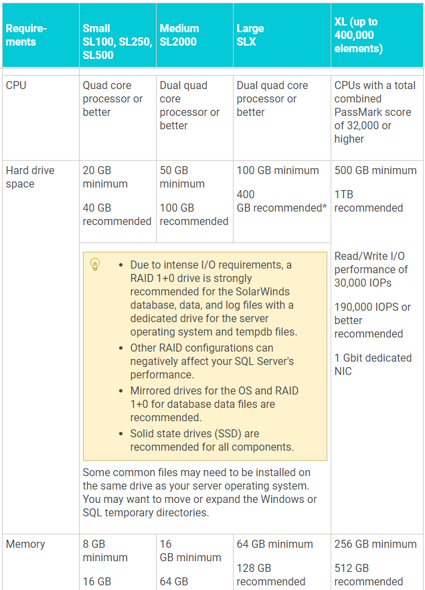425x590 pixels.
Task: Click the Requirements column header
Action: tap(26, 35)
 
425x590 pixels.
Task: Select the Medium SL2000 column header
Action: tap(179, 35)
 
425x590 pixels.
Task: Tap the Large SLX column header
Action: tap(250, 35)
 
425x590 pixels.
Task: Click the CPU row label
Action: tap(16, 85)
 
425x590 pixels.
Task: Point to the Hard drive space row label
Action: tap(30, 177)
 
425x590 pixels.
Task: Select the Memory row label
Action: tap(25, 544)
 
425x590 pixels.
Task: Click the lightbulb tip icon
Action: tap(95, 265)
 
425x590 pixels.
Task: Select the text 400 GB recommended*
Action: tap(281, 201)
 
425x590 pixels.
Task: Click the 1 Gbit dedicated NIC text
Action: tap(373, 364)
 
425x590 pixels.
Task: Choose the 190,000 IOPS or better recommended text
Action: tap(373, 320)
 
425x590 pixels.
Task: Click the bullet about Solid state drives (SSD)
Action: tap(211, 440)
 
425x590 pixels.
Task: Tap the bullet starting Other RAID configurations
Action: tap(211, 361)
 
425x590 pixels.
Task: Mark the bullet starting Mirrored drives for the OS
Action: tap(214, 404)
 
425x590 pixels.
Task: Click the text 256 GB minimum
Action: tap(375, 544)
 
